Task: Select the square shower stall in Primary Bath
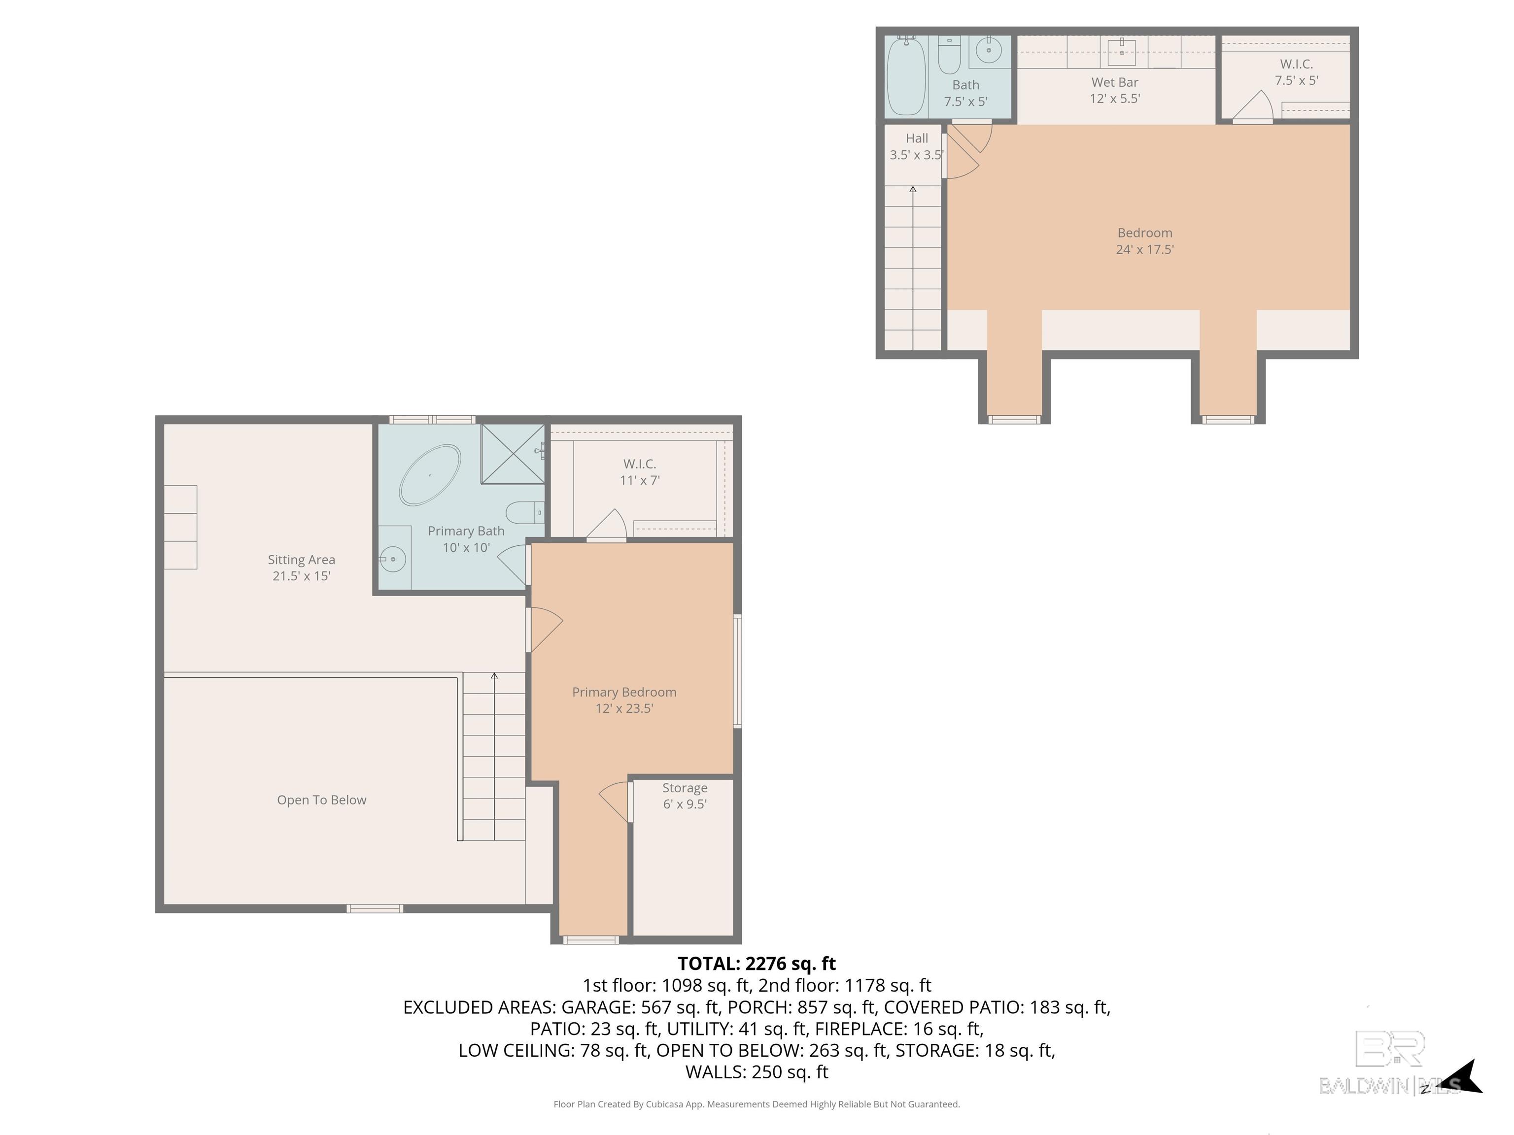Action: point(513,454)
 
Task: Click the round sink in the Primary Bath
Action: point(393,560)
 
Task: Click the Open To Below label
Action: point(322,800)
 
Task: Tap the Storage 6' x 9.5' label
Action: point(685,796)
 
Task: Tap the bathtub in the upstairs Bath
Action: point(906,76)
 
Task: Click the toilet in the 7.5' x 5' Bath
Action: point(949,55)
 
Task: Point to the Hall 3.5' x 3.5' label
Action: point(917,146)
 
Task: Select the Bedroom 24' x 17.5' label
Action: point(1145,241)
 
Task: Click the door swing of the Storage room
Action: point(615,802)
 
